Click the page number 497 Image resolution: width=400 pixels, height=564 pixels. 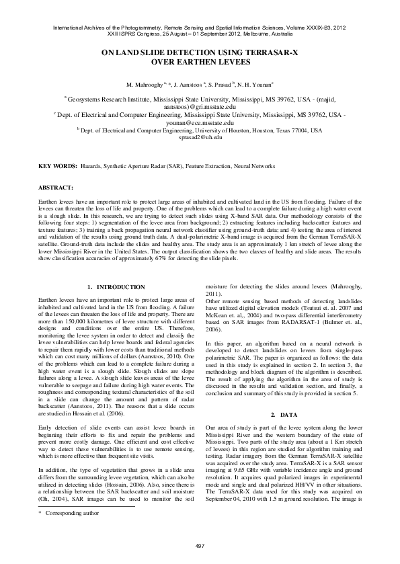200,544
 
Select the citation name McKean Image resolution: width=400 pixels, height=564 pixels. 218,317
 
